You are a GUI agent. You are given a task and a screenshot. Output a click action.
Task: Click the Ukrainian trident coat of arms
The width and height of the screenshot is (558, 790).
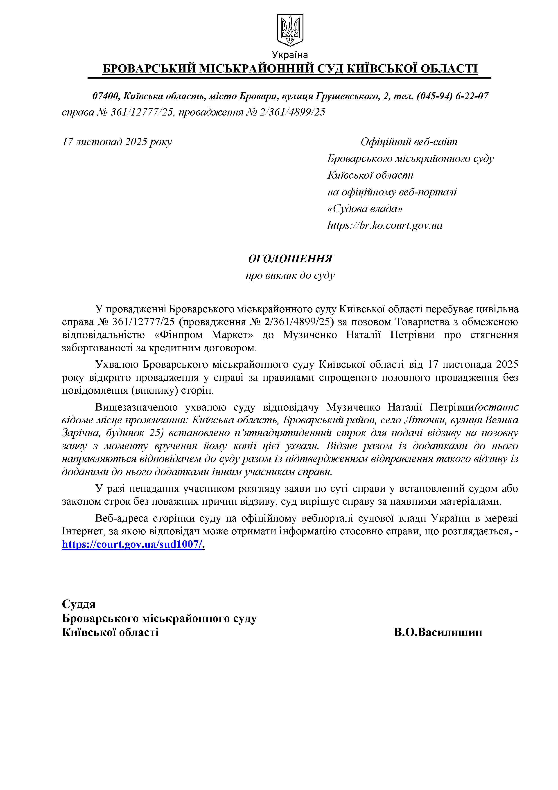pyautogui.click(x=290, y=30)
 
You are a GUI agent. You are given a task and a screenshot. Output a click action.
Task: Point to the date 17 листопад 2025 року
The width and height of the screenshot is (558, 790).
pyautogui.click(x=117, y=142)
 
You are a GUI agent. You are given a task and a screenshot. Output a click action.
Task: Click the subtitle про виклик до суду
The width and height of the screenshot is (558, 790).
pyautogui.click(x=290, y=276)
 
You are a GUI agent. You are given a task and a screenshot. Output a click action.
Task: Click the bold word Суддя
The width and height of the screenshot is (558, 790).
pyautogui.click(x=79, y=604)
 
